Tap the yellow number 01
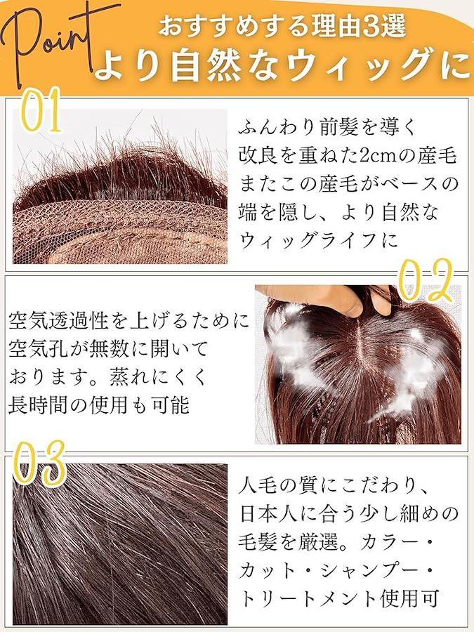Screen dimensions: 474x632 [41, 111]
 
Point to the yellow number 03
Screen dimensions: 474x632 [39, 463]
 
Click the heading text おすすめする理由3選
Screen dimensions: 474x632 [282, 26]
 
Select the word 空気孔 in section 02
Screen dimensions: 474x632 [39, 348]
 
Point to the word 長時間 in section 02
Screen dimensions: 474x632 [39, 404]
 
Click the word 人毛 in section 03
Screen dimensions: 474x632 [259, 486]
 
